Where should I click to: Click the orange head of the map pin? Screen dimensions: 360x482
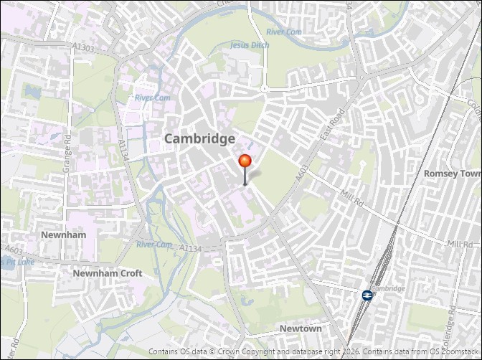click(245, 161)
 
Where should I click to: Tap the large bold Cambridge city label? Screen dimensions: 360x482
click(199, 138)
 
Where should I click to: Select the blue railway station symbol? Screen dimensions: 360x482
click(367, 295)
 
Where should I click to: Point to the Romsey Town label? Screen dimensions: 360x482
click(452, 174)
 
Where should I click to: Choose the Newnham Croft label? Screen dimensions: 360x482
click(107, 273)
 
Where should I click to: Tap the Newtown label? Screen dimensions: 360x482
click(301, 328)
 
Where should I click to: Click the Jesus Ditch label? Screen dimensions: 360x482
click(250, 44)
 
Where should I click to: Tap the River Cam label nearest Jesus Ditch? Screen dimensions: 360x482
click(284, 32)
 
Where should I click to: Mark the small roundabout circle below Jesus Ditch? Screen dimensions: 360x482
click(264, 89)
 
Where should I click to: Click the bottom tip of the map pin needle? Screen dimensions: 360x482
click(245, 185)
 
